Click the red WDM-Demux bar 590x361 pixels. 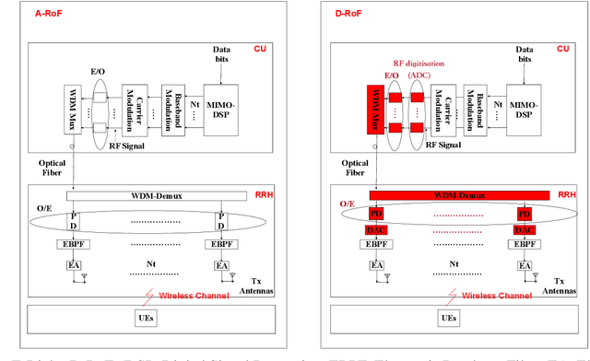point(458,196)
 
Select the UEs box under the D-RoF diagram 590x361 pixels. point(449,317)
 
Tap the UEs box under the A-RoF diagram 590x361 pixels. point(146,317)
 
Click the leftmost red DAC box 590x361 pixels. point(377,229)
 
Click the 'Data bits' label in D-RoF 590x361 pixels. point(524,53)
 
